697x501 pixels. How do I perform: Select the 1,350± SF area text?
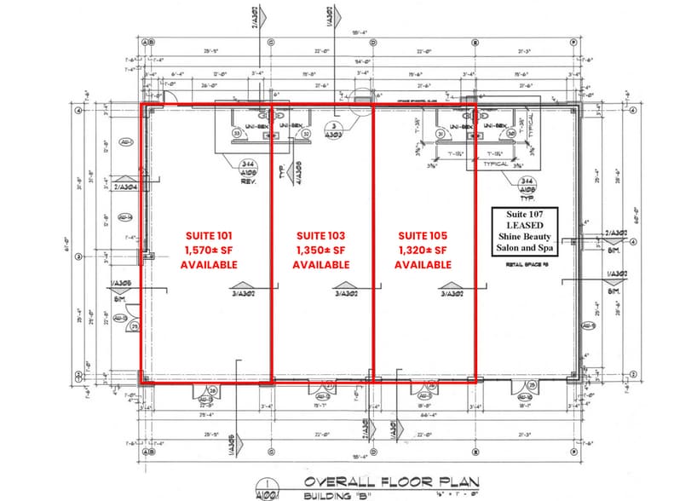(320, 250)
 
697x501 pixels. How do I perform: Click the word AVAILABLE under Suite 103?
(320, 265)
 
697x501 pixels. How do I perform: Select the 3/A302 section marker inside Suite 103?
(347, 293)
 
